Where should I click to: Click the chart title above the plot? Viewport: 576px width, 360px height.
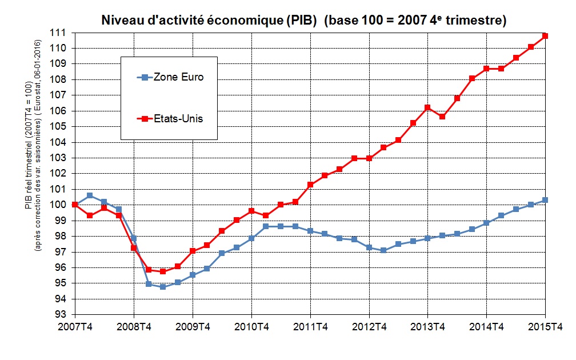tap(303, 21)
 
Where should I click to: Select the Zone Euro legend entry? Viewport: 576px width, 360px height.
tap(170, 77)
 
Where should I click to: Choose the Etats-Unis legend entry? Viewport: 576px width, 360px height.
tap(170, 119)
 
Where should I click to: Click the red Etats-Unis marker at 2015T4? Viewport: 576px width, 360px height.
tap(545, 36)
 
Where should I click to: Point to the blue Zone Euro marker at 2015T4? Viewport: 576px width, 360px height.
tap(545, 200)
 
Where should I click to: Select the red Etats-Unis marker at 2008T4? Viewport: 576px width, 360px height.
tap(134, 248)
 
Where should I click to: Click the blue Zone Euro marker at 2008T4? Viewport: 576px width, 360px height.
tap(134, 238)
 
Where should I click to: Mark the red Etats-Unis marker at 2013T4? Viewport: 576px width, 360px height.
tap(427, 107)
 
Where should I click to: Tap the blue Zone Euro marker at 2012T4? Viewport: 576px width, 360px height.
tap(369, 247)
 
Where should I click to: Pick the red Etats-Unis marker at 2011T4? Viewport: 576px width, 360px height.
tap(310, 185)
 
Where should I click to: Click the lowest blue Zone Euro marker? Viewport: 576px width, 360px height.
tap(163, 287)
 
